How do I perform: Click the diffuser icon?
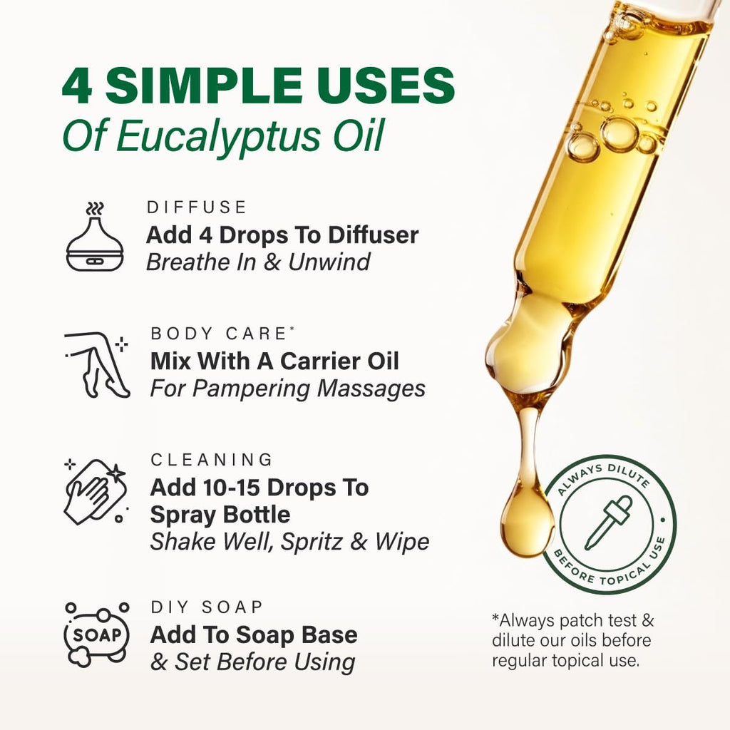point(95,237)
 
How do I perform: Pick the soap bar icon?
point(96,634)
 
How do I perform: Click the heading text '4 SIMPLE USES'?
point(258,88)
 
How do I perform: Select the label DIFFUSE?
point(197,207)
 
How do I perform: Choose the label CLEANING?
point(212,460)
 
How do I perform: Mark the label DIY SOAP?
point(207,607)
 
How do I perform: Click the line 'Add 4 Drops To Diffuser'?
point(282,235)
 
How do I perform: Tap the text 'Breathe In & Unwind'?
point(258,262)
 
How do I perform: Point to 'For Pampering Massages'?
point(287,389)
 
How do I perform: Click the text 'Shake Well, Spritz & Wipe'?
point(289,542)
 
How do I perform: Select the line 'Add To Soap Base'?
point(254,634)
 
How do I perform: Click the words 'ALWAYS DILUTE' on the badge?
point(603,478)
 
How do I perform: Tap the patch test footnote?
point(572,640)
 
